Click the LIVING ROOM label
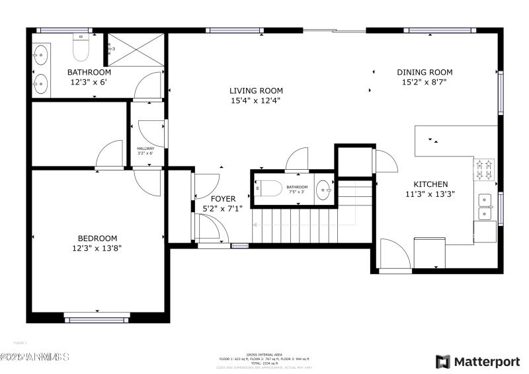pyautogui.click(x=256, y=91)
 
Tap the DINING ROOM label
pyautogui.click(x=425, y=73)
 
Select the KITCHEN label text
pyautogui.click(x=430, y=184)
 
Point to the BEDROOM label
pyautogui.click(x=97, y=239)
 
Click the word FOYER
pyautogui.click(x=223, y=198)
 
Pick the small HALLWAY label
pyautogui.click(x=145, y=149)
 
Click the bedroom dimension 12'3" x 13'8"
pyautogui.click(x=97, y=248)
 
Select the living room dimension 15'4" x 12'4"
pyautogui.click(x=256, y=101)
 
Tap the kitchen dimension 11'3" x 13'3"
pyautogui.click(x=430, y=194)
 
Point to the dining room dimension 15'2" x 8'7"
pyautogui.click(x=425, y=83)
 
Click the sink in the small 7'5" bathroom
pyautogui.click(x=323, y=189)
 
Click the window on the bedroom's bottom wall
pyautogui.click(x=97, y=320)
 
